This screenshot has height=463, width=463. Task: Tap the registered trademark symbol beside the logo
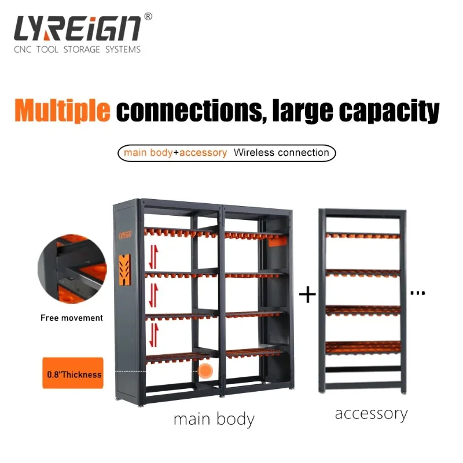[x=148, y=17]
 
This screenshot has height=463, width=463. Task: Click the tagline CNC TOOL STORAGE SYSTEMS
[x=77, y=50]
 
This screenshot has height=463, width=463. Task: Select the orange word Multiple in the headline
[x=63, y=111]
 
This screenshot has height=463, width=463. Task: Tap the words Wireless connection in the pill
[x=281, y=153]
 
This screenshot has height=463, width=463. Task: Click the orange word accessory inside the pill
[x=203, y=153]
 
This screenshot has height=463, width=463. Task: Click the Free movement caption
[x=72, y=318]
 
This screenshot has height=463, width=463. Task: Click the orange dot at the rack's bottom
[x=205, y=371]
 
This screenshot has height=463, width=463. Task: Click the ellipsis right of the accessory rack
[x=417, y=294]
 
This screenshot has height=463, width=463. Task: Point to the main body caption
[x=214, y=418]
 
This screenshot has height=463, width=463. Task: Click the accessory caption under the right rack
[x=371, y=414]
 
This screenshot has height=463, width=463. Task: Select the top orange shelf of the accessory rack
[x=363, y=236]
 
